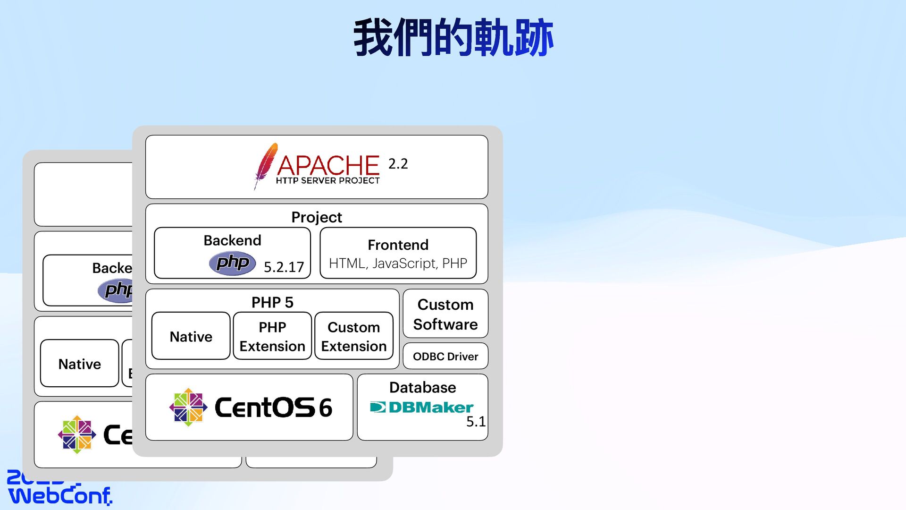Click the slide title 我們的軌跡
(453, 38)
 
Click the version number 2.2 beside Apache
(398, 164)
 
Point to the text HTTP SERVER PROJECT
(327, 180)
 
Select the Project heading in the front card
(316, 217)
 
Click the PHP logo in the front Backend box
(232, 263)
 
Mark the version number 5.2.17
(284, 267)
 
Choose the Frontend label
(398, 245)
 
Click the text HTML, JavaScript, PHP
(398, 263)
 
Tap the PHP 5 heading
(272, 302)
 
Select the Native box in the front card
(191, 336)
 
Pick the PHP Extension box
(272, 336)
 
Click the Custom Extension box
(353, 336)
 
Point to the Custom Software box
(445, 314)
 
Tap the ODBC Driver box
(445, 357)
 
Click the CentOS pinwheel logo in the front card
(188, 407)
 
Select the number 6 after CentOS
(326, 408)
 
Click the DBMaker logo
(421, 407)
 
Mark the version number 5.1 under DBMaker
(476, 422)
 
